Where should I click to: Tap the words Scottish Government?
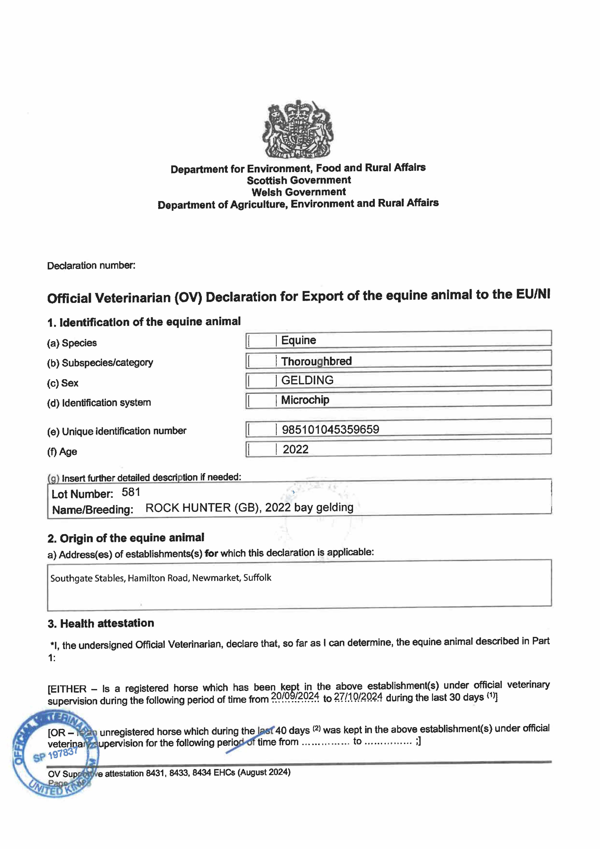coord(299,180)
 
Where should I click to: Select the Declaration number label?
coord(91,266)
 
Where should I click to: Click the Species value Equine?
coord(298,340)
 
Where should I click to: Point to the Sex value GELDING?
coord(307,380)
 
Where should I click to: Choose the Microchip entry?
coord(305,400)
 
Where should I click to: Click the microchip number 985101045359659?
coord(330,429)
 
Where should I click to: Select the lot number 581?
coord(131,492)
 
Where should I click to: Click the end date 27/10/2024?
coord(358,697)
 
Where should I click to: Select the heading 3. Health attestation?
coord(100,624)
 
